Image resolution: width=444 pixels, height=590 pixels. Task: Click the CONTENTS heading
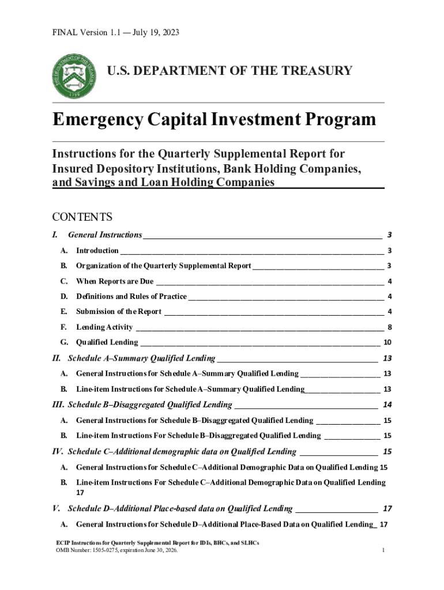pos(82,217)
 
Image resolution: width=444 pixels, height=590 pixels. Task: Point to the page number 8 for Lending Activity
pos(390,327)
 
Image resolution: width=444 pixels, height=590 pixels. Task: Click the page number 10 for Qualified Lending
pos(388,342)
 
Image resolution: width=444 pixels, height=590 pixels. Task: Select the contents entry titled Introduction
pos(97,251)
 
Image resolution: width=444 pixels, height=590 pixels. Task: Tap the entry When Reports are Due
pos(115,282)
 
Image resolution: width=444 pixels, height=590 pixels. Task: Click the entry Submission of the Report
pos(119,312)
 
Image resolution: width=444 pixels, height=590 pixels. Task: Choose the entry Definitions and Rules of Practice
pos(131,297)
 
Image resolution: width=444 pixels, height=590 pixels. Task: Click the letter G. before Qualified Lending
pos(64,342)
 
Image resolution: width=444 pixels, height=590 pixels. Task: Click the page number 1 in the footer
pos(383,551)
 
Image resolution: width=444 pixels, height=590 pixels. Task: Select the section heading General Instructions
pos(105,235)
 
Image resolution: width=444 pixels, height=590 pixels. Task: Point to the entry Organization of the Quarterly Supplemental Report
pos(164,266)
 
